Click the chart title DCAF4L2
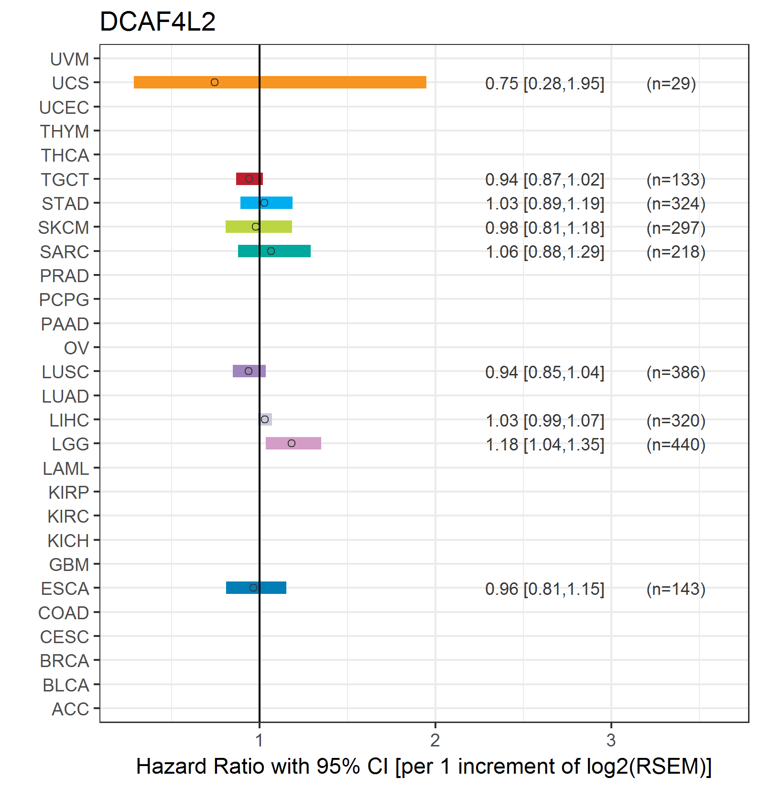(x=158, y=22)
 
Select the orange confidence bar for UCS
(x=280, y=82)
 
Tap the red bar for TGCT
(x=250, y=179)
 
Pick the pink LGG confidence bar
(x=293, y=443)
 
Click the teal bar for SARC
(x=274, y=251)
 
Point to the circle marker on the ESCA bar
(x=253, y=588)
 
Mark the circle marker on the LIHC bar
(x=265, y=419)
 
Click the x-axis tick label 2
(x=435, y=740)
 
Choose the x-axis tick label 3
(x=611, y=740)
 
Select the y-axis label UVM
(x=70, y=59)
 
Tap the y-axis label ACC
(x=71, y=709)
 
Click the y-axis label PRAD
(x=65, y=276)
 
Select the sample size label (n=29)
(x=671, y=84)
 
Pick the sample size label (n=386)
(x=676, y=373)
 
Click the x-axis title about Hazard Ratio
(x=424, y=767)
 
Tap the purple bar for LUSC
(x=249, y=371)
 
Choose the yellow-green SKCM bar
(x=259, y=227)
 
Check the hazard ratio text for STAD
(x=545, y=204)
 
